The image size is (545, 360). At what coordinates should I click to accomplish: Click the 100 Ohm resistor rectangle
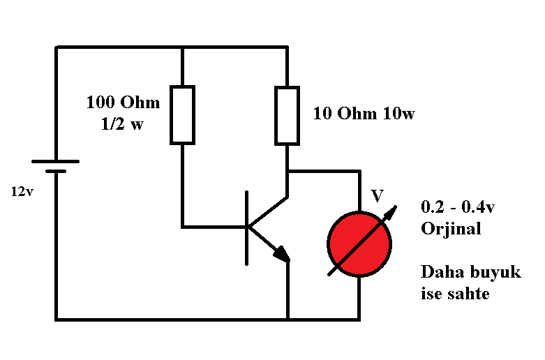(x=171, y=114)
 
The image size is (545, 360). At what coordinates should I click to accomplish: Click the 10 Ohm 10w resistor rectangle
(x=276, y=115)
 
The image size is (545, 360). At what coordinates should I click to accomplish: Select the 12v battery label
(x=22, y=191)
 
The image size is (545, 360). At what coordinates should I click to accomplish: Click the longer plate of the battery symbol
(x=56, y=162)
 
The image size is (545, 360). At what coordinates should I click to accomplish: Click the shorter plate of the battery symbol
(x=56, y=171)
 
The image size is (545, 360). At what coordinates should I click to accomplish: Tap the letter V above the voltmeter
(x=377, y=196)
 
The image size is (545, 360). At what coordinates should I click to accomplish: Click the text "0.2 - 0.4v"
(x=458, y=207)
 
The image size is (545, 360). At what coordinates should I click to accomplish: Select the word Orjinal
(x=451, y=229)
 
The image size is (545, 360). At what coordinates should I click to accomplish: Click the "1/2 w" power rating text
(x=122, y=124)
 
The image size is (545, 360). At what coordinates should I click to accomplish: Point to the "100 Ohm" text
(x=123, y=102)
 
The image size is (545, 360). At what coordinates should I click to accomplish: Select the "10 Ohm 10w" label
(x=364, y=114)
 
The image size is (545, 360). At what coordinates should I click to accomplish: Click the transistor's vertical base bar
(x=247, y=228)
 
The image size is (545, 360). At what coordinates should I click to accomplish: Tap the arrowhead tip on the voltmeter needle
(x=396, y=207)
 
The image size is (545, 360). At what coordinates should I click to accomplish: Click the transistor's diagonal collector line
(x=267, y=212)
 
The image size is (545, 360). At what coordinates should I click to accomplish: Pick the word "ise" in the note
(x=431, y=294)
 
